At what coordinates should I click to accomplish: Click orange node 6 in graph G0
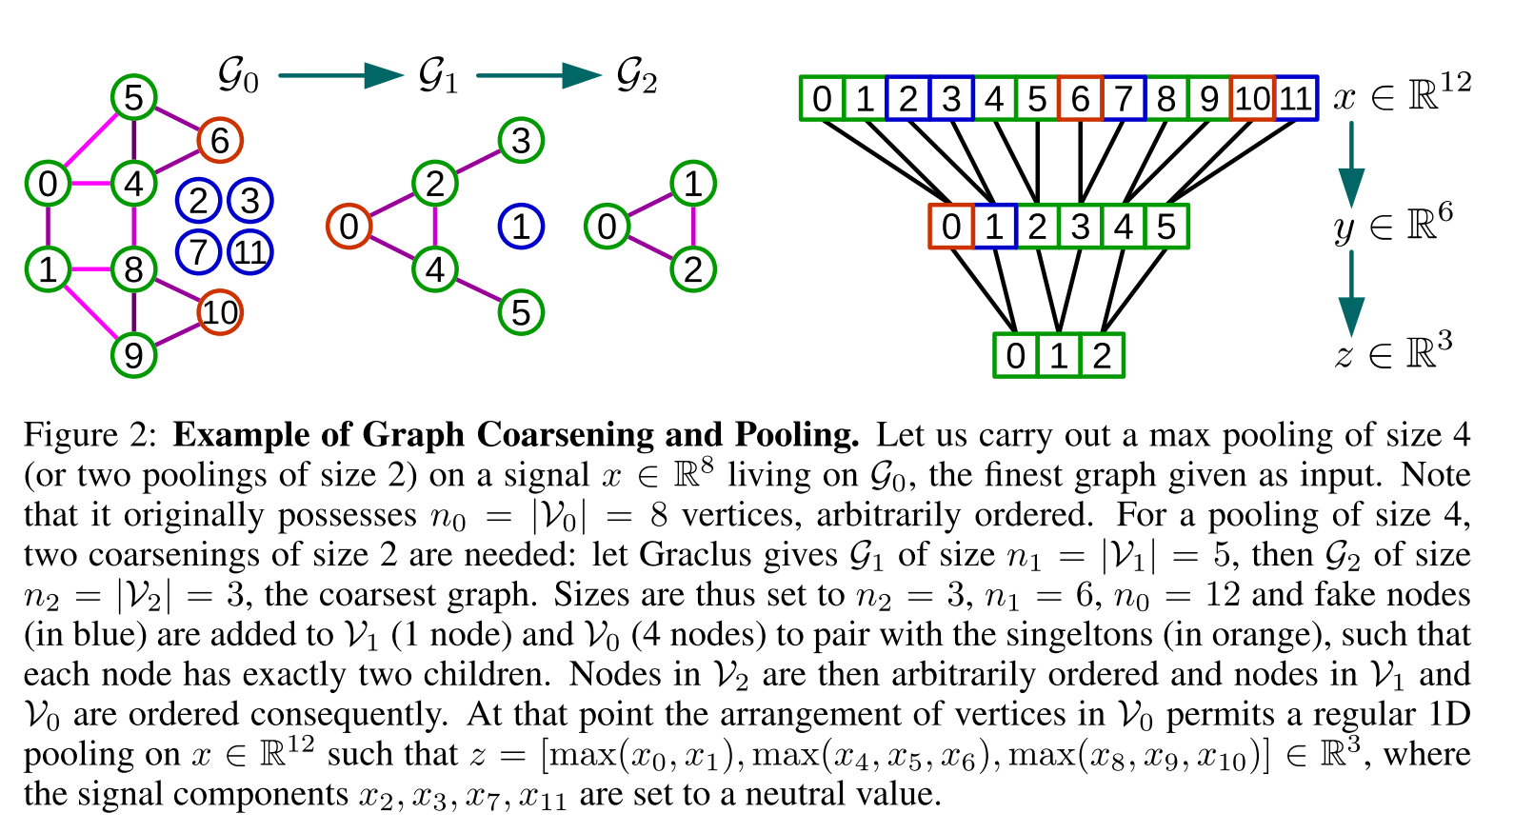220,141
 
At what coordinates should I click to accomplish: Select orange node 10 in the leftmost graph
220,312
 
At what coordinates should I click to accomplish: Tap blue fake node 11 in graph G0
250,252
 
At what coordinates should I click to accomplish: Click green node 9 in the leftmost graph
133,355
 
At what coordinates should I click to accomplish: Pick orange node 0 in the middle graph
349,227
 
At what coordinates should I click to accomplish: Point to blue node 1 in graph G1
521,227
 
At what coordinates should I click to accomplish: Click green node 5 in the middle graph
521,312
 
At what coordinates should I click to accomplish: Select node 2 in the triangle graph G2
693,269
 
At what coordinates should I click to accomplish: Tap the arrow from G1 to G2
538,76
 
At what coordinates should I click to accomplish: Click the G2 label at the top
636,76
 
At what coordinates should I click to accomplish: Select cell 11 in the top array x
1295,98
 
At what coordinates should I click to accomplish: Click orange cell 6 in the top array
1080,98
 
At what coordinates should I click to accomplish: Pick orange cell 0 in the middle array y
951,227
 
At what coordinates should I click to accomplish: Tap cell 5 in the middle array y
1166,227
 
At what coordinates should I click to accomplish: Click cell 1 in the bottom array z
1059,355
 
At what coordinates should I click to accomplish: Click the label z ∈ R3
1393,352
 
